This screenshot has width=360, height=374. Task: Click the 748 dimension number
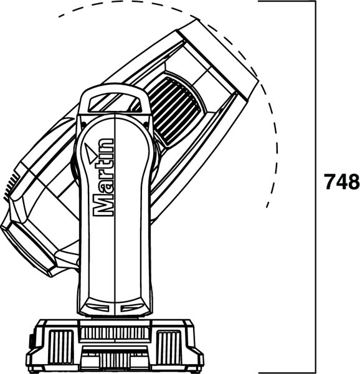342,181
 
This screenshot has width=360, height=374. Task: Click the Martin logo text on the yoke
103,177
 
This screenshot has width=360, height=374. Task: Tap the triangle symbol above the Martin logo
90,153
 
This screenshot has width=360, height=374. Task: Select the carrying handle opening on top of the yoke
114,103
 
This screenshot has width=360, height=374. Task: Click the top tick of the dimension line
287,1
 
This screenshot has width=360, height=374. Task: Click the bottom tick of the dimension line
287,372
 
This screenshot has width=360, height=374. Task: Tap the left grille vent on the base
60,347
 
